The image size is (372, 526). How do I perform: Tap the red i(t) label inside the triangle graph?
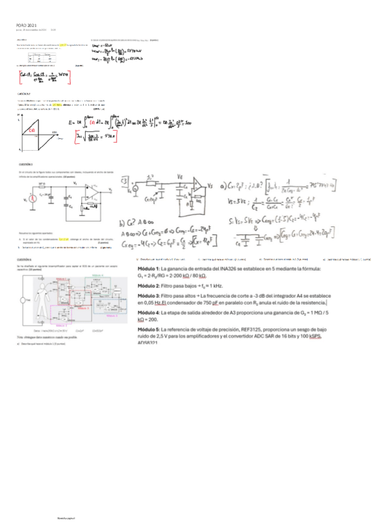point(32,131)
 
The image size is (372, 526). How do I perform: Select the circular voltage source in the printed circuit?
point(25,200)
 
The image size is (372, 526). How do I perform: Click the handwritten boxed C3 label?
point(125,181)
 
